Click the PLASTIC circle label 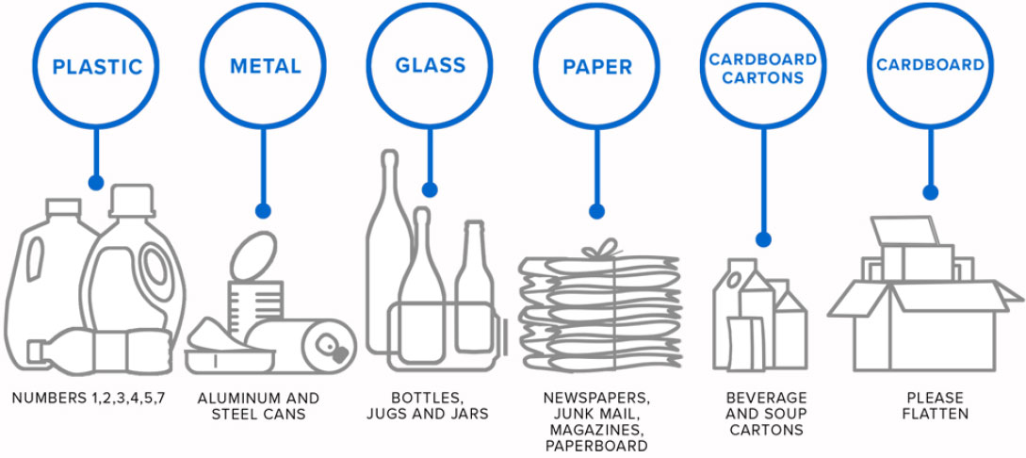pos(97,67)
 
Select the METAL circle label pos(265,67)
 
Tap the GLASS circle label pos(430,65)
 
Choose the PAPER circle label pos(596,67)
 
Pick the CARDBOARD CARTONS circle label pos(763,68)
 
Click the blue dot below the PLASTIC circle pos(95,182)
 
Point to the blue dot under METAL pos(263,211)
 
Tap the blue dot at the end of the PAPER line pos(595,211)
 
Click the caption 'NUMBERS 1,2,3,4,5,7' pos(89,398)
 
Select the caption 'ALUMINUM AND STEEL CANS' pos(258,406)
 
